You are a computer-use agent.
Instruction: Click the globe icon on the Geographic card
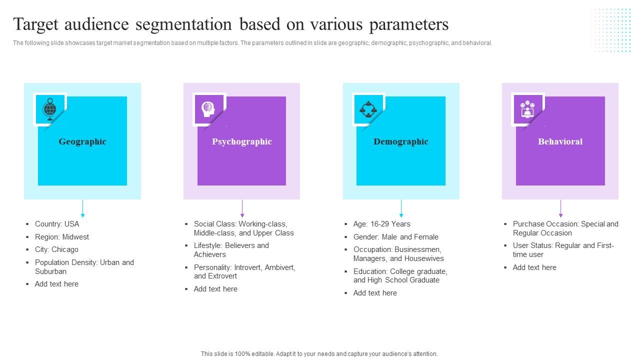point(49,108)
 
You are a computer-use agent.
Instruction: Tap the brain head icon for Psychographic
point(208,108)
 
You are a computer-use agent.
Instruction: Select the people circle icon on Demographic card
point(368,109)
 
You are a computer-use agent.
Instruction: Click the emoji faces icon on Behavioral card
point(527,109)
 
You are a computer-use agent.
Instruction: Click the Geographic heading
point(82,141)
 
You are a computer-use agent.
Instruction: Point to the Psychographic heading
point(241,141)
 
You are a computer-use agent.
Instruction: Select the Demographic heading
point(401,141)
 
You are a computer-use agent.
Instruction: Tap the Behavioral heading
point(560,141)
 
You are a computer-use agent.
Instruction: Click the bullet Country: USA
point(57,224)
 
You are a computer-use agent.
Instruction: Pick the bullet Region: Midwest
point(62,237)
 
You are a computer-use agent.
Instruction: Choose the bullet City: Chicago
point(56,249)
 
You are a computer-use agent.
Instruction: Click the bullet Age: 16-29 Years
point(381,224)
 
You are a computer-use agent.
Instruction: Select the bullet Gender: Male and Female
point(395,237)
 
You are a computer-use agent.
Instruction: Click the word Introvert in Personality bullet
point(252,267)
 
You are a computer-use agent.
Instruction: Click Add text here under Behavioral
point(534,267)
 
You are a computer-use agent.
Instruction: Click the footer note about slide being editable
point(319,353)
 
